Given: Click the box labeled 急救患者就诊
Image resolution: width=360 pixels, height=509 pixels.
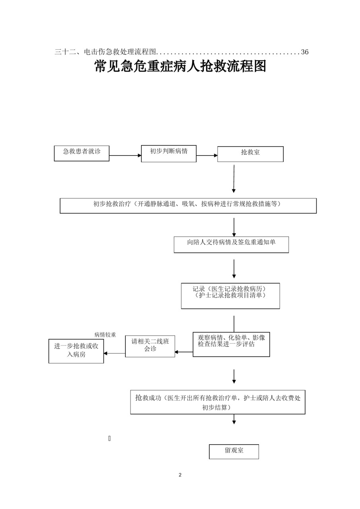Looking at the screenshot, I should click(82, 153).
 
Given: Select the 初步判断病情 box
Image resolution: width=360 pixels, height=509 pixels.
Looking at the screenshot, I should click(169, 153).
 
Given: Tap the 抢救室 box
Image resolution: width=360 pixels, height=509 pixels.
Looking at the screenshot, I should click(250, 154).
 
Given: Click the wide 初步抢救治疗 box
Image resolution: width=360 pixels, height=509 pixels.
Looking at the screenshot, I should click(188, 206).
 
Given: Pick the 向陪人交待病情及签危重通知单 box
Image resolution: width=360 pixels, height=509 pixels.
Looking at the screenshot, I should click(231, 245).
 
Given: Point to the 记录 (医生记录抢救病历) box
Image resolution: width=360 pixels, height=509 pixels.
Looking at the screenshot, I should click(230, 295).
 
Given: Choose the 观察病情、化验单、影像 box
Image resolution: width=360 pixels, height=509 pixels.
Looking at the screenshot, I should click(231, 344).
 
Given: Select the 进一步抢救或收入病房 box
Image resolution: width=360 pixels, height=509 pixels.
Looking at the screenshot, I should click(76, 351).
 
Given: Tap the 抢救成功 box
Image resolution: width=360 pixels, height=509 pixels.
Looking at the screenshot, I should click(218, 402).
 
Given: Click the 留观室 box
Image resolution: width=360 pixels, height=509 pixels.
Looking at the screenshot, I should click(234, 451).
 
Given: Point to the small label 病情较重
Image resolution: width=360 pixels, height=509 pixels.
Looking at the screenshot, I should click(105, 335).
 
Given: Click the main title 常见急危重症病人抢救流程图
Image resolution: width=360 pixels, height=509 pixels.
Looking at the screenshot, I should click(180, 67).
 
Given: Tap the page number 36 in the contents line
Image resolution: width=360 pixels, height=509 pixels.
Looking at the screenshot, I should click(305, 52).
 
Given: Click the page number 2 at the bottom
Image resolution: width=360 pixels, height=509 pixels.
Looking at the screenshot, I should click(180, 475).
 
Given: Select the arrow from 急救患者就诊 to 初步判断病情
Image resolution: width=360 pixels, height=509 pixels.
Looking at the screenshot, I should click(125, 156).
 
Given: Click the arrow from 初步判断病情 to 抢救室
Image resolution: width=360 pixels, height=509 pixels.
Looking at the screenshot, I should click(207, 156).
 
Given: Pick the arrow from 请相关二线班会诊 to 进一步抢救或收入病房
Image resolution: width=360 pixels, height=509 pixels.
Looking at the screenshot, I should click(115, 353).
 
